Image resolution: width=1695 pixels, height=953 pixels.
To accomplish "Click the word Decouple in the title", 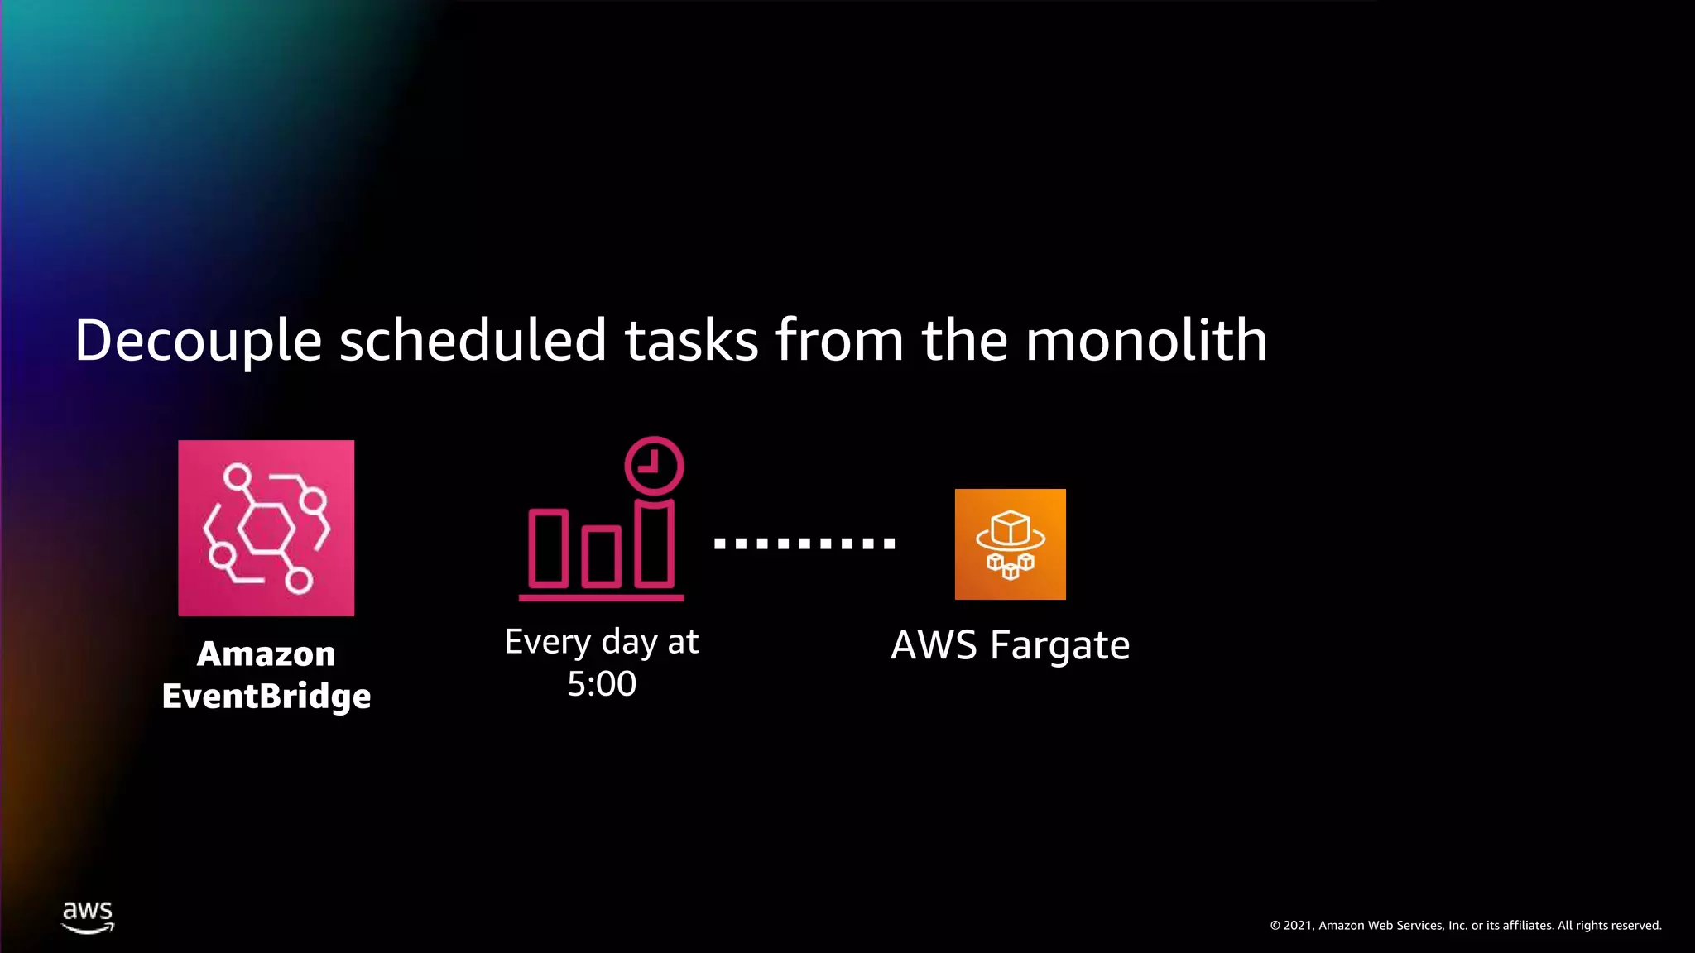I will pyautogui.click(x=198, y=341).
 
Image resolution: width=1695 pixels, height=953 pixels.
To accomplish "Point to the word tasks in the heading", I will pyautogui.click(x=691, y=341).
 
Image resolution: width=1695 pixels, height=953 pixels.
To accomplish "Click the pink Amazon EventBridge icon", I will pyautogui.click(x=266, y=528).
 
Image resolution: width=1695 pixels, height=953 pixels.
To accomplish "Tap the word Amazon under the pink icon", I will pyautogui.click(x=266, y=654).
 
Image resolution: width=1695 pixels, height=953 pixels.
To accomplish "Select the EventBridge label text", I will pyautogui.click(x=266, y=697).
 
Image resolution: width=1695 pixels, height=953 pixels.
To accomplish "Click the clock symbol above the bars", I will pyautogui.click(x=654, y=466).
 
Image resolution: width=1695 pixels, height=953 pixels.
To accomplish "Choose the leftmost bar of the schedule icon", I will pyautogui.click(x=548, y=548).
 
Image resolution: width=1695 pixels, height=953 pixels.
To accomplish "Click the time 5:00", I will pyautogui.click(x=602, y=684).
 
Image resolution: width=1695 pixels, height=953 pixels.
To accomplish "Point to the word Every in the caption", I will pyautogui.click(x=548, y=642).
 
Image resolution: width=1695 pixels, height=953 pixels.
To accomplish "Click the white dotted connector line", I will pyautogui.click(x=804, y=544).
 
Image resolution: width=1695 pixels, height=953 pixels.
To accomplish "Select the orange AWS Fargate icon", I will pyautogui.click(x=1010, y=544).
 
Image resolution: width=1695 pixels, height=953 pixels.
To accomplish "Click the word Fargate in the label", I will pyautogui.click(x=1059, y=646).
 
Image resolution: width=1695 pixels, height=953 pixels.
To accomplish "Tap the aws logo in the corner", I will pyautogui.click(x=88, y=917).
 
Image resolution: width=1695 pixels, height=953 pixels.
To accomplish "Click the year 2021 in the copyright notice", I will pyautogui.click(x=1298, y=926).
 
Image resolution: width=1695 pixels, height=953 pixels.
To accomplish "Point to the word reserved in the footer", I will pyautogui.click(x=1635, y=926).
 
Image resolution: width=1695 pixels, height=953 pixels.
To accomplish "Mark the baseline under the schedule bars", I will pyautogui.click(x=601, y=597).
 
